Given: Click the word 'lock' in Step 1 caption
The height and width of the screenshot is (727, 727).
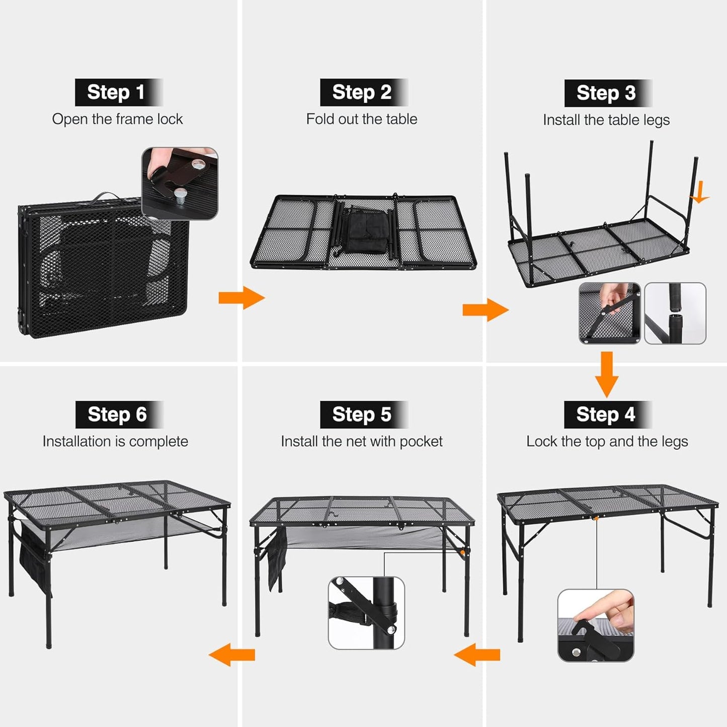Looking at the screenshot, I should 170,119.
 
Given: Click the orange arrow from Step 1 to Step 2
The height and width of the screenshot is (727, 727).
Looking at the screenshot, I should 241,298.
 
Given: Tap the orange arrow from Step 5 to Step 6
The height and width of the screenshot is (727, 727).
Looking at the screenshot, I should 232,655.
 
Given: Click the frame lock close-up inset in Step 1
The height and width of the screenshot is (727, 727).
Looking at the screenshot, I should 180,183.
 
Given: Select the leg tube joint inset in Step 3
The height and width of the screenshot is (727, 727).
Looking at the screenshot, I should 675,313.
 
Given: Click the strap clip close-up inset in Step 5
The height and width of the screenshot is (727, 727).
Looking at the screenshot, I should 366,613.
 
